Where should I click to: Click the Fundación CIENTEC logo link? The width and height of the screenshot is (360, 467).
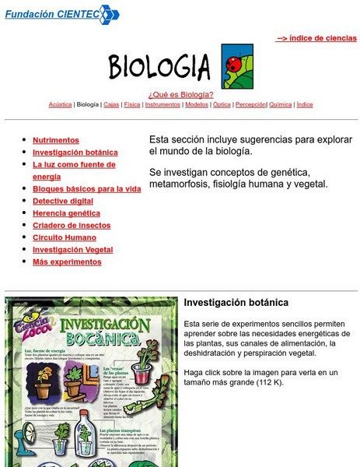(x=62, y=13)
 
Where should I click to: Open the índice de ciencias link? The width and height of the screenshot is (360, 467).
(x=316, y=37)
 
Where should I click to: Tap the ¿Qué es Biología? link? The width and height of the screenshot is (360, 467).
(x=180, y=94)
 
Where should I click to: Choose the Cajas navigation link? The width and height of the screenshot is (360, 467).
(x=111, y=104)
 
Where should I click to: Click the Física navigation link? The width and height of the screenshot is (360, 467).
(x=132, y=104)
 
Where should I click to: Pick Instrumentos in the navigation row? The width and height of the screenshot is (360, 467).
(x=163, y=104)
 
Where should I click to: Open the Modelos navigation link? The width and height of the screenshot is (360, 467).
(x=197, y=104)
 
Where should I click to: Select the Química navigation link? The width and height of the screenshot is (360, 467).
(x=280, y=104)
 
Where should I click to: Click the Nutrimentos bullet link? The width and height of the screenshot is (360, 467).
(x=55, y=140)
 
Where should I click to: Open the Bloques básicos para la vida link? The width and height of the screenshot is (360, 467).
(x=86, y=188)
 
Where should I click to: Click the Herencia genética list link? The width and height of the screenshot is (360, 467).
(x=66, y=212)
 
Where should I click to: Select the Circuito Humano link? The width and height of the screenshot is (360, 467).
(x=65, y=237)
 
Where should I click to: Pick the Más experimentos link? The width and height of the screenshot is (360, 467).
(x=67, y=262)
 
